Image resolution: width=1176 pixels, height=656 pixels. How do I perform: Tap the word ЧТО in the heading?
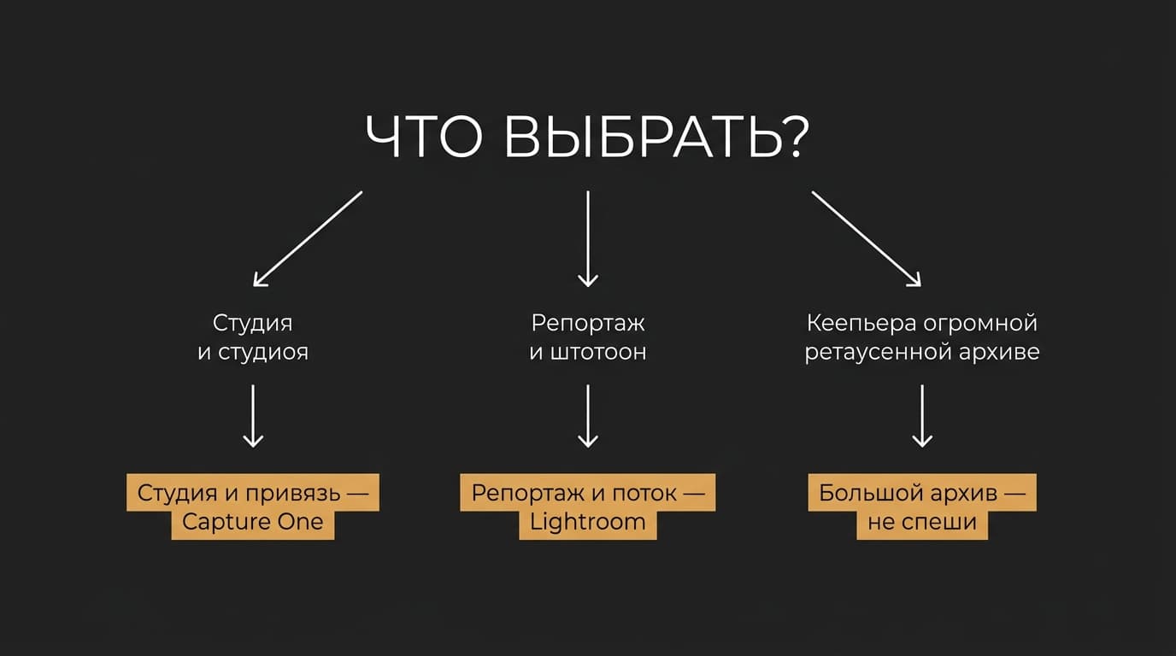(x=424, y=137)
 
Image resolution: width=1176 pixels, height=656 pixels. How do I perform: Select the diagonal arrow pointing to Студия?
(x=308, y=239)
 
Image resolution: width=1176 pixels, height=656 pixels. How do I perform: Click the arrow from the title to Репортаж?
(x=587, y=239)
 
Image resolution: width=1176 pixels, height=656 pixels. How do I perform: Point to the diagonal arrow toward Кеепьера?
(x=867, y=239)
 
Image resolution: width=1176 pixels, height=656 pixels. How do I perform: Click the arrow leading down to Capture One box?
(x=253, y=416)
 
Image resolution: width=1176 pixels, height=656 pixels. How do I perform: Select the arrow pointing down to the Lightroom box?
(x=587, y=416)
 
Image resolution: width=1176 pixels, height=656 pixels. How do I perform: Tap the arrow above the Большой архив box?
(x=922, y=416)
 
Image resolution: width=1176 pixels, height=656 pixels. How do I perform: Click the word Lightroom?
(x=587, y=522)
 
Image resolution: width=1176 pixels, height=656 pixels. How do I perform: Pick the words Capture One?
(x=252, y=522)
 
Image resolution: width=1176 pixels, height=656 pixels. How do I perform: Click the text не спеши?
(x=922, y=522)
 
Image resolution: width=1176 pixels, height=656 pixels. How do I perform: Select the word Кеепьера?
(x=861, y=323)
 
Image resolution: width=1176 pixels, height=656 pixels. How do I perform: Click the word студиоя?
(x=263, y=352)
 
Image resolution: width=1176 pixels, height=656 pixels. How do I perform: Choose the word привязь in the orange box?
(x=292, y=494)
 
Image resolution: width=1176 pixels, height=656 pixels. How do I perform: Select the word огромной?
(x=979, y=323)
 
